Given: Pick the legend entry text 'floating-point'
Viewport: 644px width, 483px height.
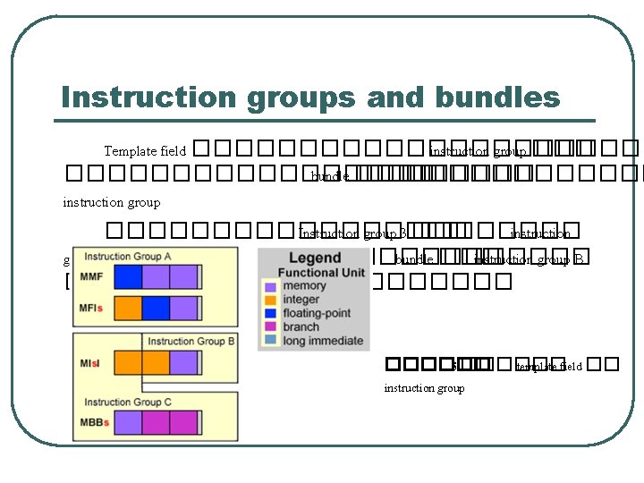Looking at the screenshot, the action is coord(323,313).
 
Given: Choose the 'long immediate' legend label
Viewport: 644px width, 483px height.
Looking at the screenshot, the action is coord(323,340).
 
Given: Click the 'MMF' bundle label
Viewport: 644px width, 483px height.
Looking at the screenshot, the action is coord(91,277).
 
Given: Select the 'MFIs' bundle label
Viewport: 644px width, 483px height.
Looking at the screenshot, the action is coord(91,308).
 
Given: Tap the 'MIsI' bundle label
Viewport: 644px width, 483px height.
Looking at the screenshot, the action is coord(91,362).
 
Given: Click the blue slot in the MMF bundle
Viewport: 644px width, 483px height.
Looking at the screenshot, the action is coord(129,276).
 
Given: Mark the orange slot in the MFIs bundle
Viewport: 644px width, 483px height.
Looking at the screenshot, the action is coord(129,308).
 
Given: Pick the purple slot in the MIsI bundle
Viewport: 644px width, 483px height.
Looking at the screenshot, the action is coord(182,362).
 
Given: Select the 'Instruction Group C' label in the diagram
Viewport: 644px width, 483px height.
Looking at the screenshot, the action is coord(128,402).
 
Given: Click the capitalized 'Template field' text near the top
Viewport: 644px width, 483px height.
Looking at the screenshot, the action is coord(145,151).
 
